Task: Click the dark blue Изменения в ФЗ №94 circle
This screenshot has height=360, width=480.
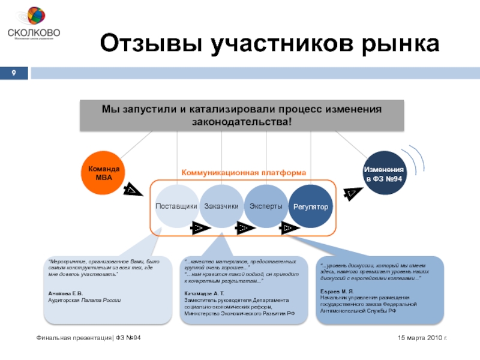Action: [385, 173]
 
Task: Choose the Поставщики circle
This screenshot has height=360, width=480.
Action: [176, 206]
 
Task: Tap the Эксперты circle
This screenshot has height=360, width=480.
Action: [266, 206]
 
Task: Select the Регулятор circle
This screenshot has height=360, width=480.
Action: [311, 206]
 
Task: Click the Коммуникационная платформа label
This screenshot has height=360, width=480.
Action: [244, 172]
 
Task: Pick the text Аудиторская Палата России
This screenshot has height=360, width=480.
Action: [85, 299]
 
